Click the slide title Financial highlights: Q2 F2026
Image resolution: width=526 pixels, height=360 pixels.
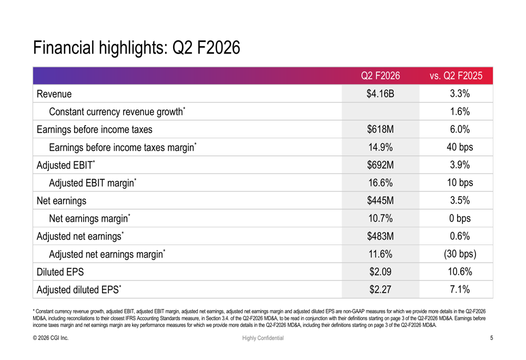pyautogui.click(x=137, y=48)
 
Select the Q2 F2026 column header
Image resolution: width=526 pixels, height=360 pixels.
pyautogui.click(x=380, y=76)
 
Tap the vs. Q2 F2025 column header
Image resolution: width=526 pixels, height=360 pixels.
pyautogui.click(x=456, y=76)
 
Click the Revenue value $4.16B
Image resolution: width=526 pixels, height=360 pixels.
pyautogui.click(x=380, y=94)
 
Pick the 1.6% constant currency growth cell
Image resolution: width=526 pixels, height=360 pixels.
pyautogui.click(x=456, y=112)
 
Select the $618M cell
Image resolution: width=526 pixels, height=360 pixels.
pyautogui.click(x=380, y=130)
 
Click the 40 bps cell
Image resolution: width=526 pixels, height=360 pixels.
pyautogui.click(x=456, y=148)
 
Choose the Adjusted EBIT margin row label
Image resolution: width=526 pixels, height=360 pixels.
pyautogui.click(x=93, y=183)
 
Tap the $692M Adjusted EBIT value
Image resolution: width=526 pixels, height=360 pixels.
pyautogui.click(x=380, y=166)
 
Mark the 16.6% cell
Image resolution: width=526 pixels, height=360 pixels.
pyautogui.click(x=380, y=183)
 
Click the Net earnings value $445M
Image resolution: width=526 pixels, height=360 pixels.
pyautogui.click(x=380, y=201)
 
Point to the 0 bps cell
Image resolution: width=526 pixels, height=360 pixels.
pyautogui.click(x=456, y=219)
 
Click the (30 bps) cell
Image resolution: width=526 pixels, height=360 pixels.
pyautogui.click(x=456, y=254)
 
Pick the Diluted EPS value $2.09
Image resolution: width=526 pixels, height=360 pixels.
pyautogui.click(x=380, y=272)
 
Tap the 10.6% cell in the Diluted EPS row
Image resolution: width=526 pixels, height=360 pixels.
pyautogui.click(x=456, y=272)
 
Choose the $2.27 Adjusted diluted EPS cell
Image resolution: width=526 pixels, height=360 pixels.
pyautogui.click(x=380, y=290)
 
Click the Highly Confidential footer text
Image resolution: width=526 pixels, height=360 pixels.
pyautogui.click(x=262, y=338)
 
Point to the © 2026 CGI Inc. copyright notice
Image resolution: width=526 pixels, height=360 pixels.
pyautogui.click(x=50, y=338)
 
